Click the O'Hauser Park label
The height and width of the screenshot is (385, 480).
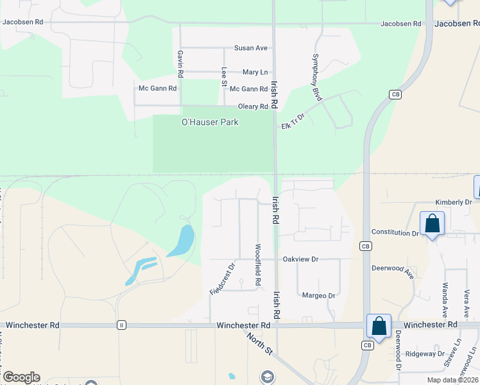[x=210, y=122]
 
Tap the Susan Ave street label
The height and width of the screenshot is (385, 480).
[x=251, y=48]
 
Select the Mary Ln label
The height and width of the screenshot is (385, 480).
[x=255, y=73]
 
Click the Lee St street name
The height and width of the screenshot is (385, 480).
[x=224, y=76]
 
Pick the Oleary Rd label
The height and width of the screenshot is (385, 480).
[x=252, y=107]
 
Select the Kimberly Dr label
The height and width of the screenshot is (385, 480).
[x=453, y=202]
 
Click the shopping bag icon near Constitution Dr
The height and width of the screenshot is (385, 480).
[x=433, y=224]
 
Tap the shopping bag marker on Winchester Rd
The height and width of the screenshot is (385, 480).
[x=379, y=326]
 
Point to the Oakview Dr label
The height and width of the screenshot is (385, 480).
[x=300, y=259]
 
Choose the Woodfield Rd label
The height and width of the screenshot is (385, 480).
[x=259, y=264]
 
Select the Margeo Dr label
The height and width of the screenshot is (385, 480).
[x=319, y=296]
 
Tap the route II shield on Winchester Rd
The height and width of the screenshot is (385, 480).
[x=121, y=325]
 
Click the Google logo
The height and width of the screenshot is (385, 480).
[x=21, y=377]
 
